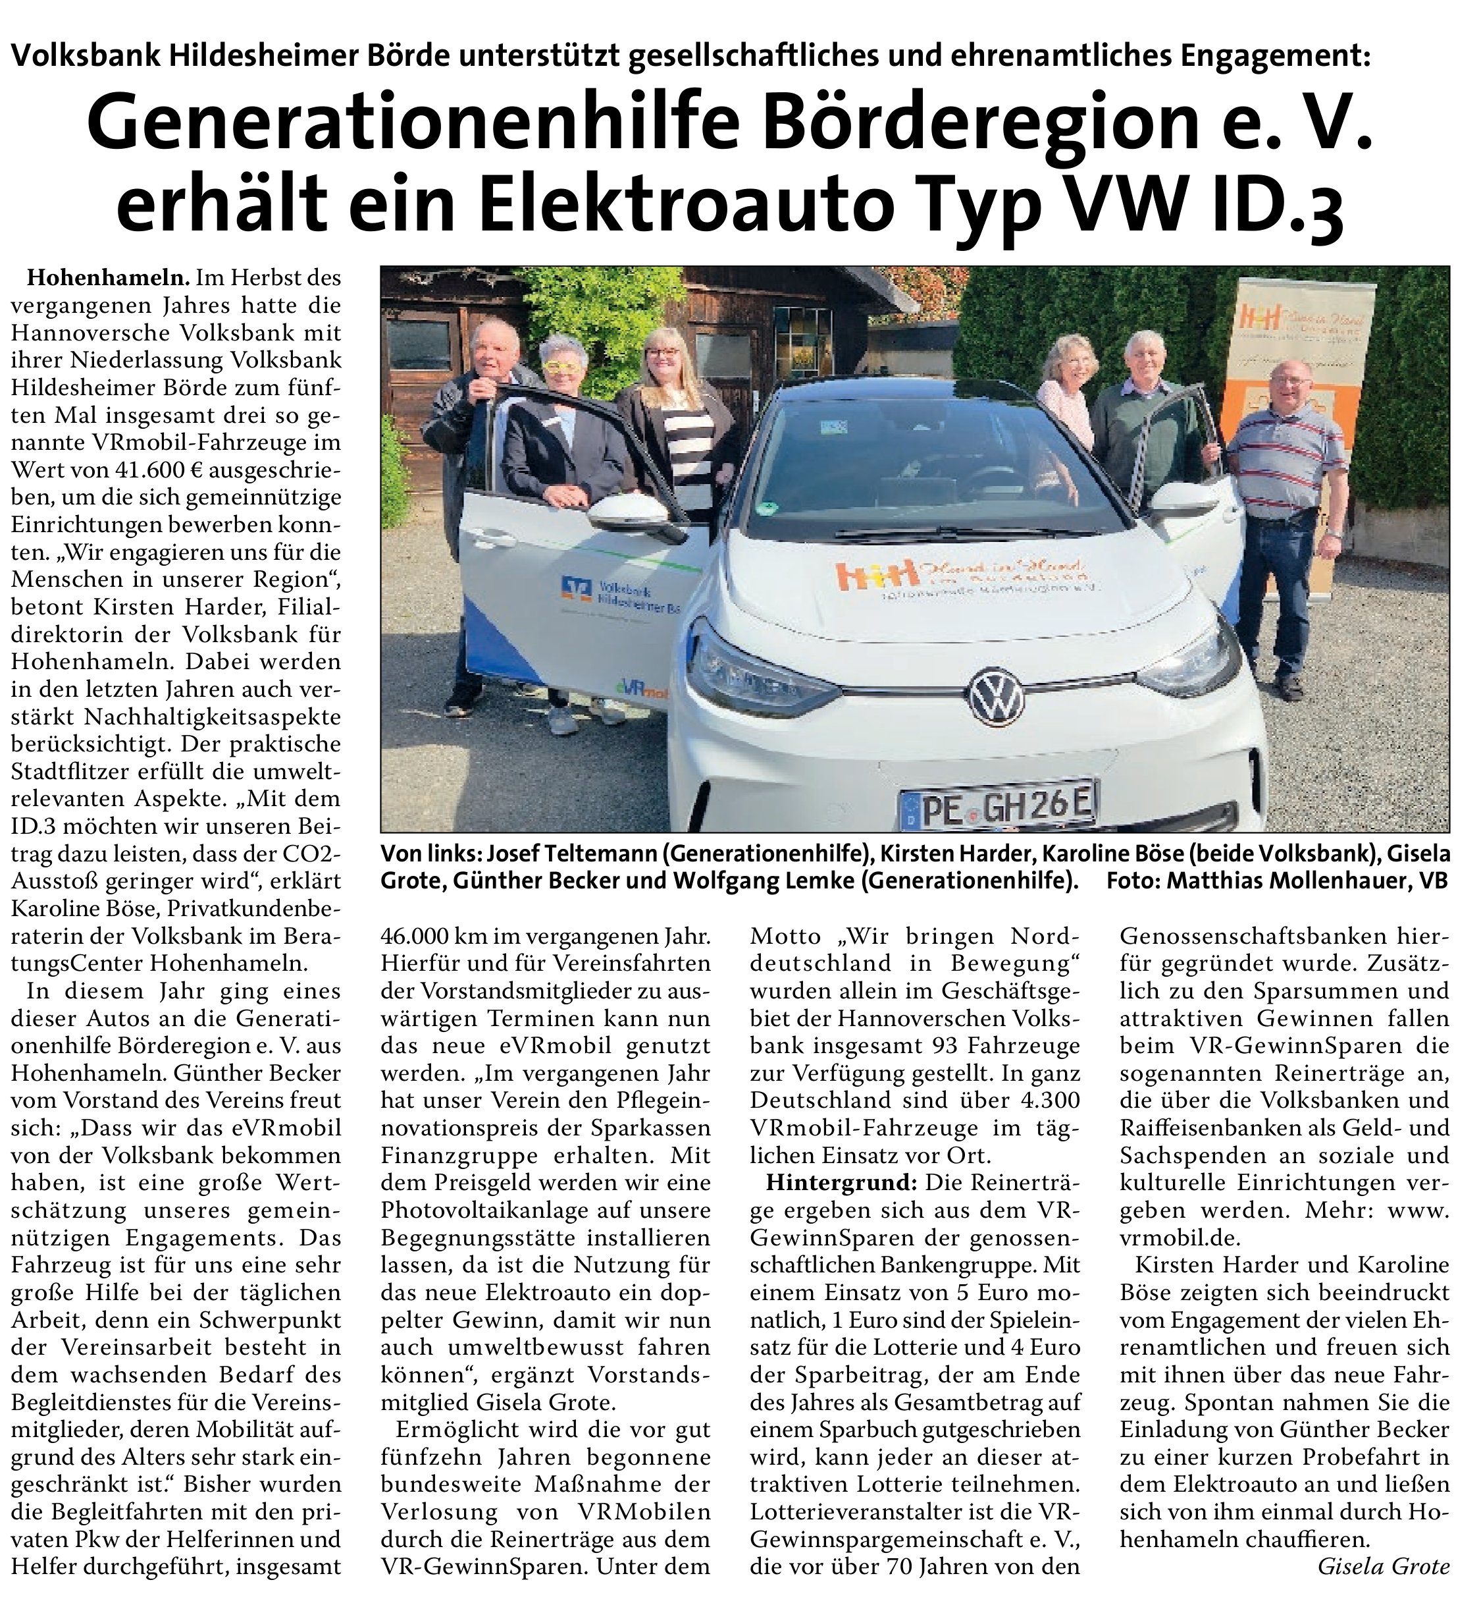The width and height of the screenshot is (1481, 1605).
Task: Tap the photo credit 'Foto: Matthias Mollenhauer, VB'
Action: pyautogui.click(x=1278, y=881)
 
